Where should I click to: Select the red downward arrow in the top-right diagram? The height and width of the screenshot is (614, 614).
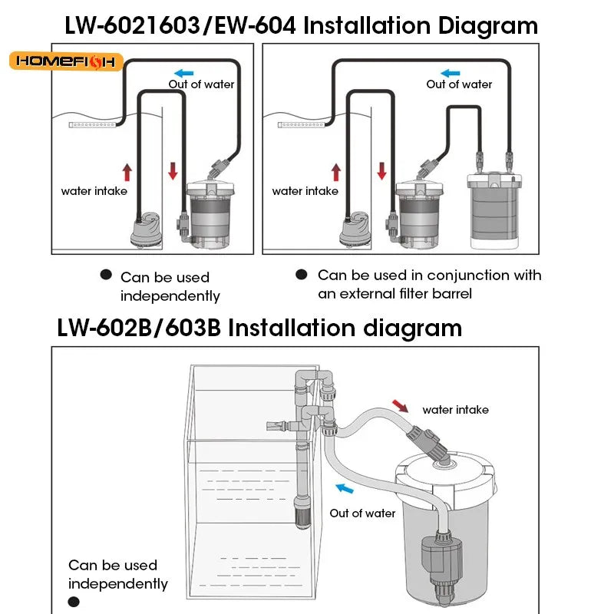pos(381,171)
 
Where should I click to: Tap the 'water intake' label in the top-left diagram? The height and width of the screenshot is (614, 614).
pos(94,191)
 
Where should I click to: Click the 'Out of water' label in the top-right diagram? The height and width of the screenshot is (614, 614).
pos(459,84)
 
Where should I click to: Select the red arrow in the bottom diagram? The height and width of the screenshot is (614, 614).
pos(401,404)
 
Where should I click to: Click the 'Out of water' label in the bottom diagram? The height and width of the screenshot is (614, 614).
pos(362,513)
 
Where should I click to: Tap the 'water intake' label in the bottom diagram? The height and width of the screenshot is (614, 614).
pos(455,410)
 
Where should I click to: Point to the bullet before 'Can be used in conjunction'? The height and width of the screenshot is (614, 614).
pos(302,275)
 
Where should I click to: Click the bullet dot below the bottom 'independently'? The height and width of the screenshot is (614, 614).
pos(74,602)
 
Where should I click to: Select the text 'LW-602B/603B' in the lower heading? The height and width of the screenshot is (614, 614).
pos(138,328)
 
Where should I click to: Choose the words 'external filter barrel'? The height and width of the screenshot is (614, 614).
pos(406,293)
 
